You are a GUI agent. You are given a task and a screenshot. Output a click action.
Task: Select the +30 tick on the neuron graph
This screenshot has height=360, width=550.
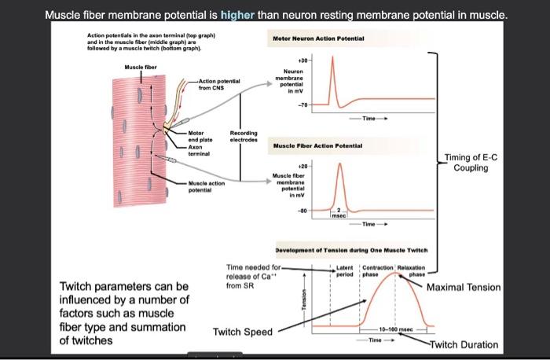click(303, 60)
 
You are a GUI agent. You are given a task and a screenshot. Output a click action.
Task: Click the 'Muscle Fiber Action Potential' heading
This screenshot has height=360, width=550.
click(317, 145)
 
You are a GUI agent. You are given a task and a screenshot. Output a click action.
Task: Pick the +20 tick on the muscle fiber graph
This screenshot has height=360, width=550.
click(303, 167)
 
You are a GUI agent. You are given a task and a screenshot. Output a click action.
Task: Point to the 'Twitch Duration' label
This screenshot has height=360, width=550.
click(464, 344)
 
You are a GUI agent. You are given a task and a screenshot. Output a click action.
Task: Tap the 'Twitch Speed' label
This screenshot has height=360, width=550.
click(240, 332)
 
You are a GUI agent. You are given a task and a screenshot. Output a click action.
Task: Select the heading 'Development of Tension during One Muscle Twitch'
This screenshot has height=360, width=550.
click(350, 249)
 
